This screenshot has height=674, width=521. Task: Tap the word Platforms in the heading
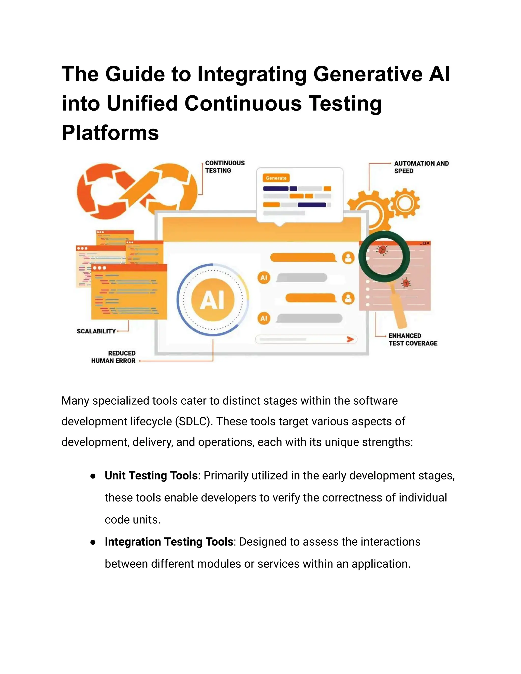click(110, 133)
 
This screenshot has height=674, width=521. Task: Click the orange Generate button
click(276, 178)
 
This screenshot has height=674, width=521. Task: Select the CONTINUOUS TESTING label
click(225, 167)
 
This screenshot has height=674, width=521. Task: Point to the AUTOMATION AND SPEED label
click(421, 167)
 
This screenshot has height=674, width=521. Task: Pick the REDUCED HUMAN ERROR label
click(113, 357)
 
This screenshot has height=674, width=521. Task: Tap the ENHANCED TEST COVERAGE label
click(413, 340)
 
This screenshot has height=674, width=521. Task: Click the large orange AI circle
click(213, 300)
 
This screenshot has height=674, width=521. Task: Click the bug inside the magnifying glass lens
click(383, 249)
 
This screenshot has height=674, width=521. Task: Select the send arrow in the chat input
click(350, 340)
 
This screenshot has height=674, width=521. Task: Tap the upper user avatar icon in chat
click(348, 258)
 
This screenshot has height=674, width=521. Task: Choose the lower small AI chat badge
click(264, 318)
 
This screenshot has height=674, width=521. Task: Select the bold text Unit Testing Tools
click(151, 476)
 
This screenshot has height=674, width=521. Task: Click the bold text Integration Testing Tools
click(169, 541)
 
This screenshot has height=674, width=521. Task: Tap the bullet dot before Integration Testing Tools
click(93, 543)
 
